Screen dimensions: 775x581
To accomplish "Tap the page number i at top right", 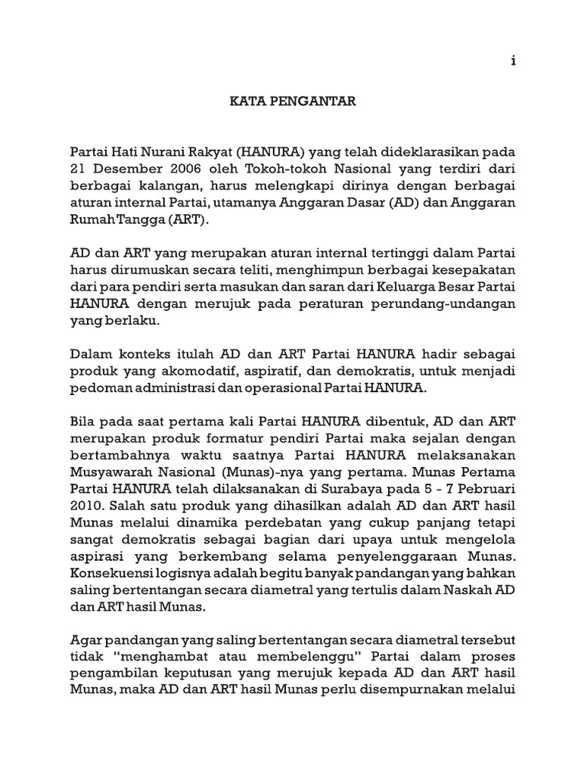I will [x=512, y=62].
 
